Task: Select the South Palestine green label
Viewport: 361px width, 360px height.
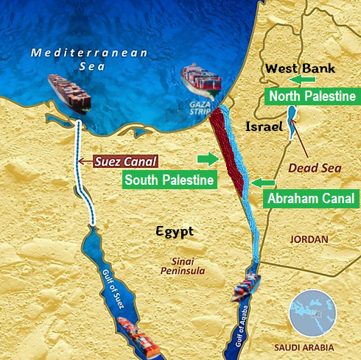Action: click(x=169, y=180)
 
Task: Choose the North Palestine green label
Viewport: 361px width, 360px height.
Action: click(x=312, y=96)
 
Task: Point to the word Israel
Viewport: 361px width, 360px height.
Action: click(x=264, y=127)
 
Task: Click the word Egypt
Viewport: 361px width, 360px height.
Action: click(x=175, y=232)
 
